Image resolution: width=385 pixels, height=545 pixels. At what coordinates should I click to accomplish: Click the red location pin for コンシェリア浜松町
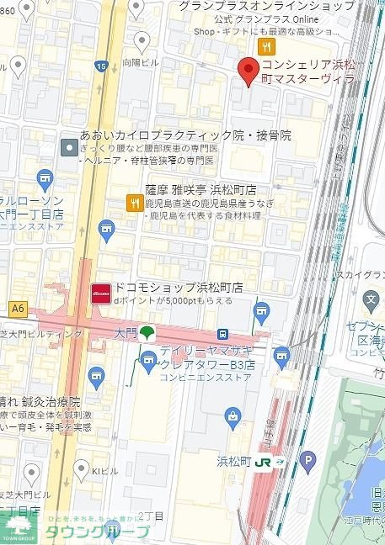[247, 71]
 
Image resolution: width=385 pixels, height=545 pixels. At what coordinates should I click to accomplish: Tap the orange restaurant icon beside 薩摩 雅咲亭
[133, 203]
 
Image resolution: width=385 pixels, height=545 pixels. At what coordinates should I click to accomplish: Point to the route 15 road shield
[102, 66]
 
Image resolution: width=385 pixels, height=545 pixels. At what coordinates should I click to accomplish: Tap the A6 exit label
[18, 309]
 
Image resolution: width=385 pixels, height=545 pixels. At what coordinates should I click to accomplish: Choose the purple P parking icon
[308, 459]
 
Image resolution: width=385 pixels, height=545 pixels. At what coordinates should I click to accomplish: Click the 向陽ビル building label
[142, 62]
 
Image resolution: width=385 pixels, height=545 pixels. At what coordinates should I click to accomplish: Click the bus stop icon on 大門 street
[222, 333]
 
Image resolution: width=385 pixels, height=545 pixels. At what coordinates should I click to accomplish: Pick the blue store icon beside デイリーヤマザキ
[149, 362]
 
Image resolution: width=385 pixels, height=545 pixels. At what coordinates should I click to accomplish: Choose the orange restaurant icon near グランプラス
[266, 45]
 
